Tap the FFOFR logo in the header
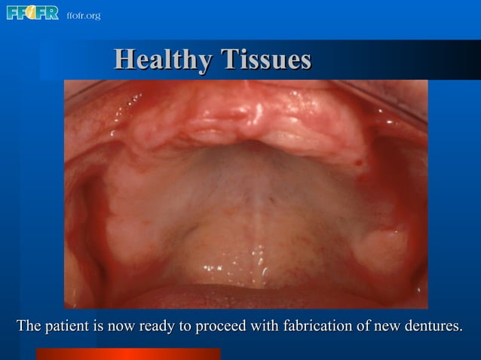coord(32,14)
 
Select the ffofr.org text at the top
coord(83,15)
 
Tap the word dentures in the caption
coord(433,327)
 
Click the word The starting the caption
coord(28,327)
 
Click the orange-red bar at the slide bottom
coord(128,353)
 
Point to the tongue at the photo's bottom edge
coord(249,296)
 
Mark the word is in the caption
coord(97,327)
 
